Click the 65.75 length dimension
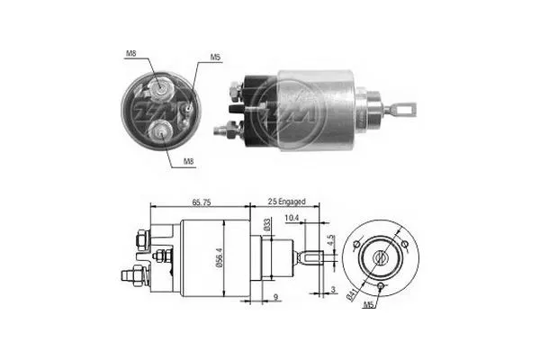tap(201, 202)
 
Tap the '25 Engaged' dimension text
tap(286, 202)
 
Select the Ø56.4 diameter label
tap(220, 259)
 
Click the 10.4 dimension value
tap(292, 218)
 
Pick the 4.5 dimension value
tap(331, 240)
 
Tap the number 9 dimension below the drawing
tap(275, 297)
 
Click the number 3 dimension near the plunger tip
tap(333, 290)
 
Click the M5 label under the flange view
tap(368, 304)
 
